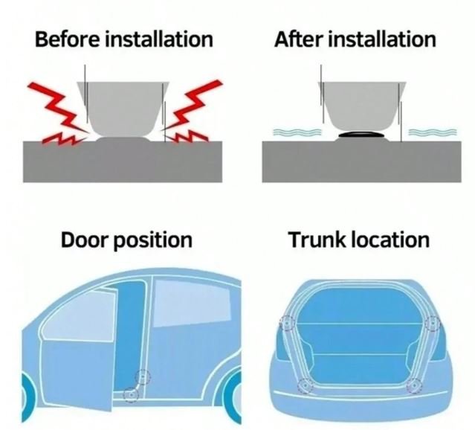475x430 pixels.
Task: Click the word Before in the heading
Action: [67, 39]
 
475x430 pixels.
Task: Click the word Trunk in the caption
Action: [317, 240]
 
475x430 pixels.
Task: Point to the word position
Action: [152, 241]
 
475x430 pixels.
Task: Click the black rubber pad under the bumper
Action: [361, 135]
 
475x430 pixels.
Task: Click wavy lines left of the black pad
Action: [297, 132]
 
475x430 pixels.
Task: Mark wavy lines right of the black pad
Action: [433, 132]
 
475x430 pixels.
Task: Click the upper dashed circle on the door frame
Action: [143, 377]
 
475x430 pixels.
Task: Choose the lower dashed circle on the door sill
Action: [131, 395]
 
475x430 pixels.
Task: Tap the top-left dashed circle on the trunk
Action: [287, 324]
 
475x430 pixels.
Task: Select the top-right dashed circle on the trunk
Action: [433, 324]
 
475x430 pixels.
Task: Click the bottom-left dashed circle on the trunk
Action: [306, 385]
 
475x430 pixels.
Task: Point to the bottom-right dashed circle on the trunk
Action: [414, 385]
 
